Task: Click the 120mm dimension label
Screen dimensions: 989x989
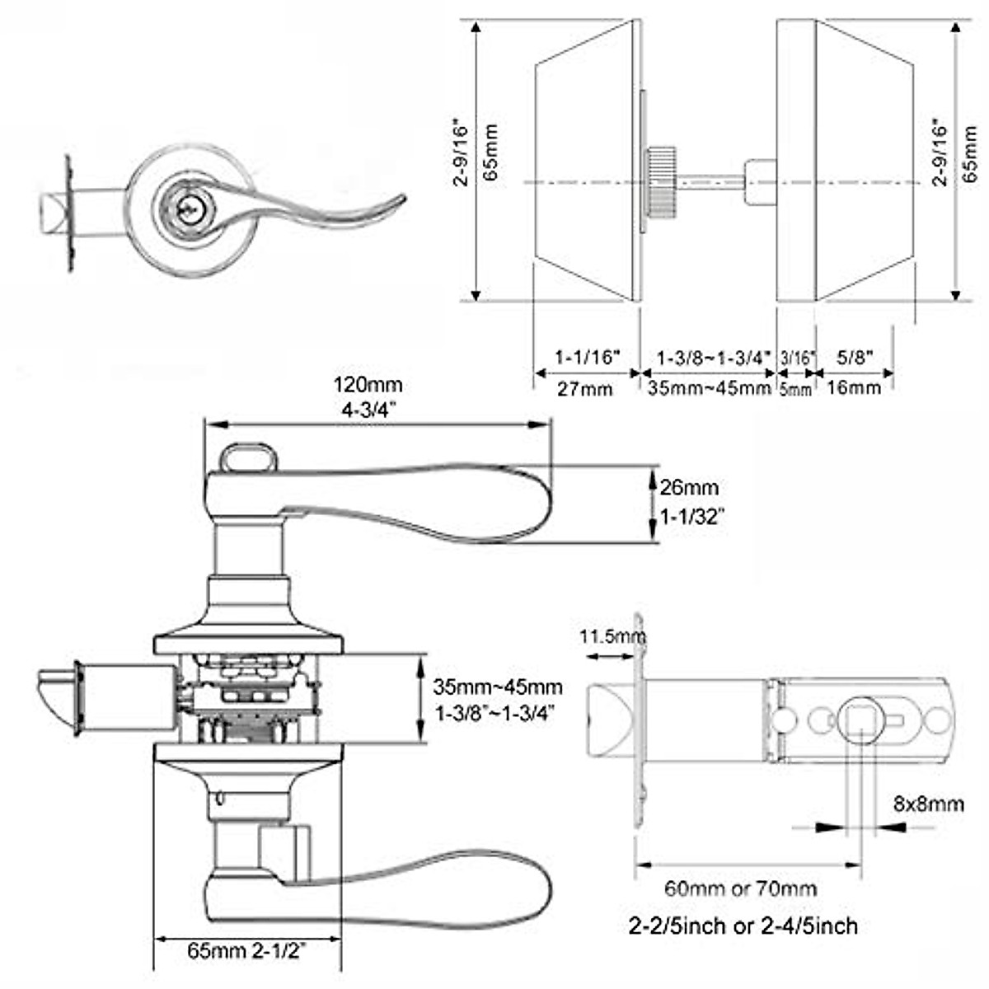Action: (x=368, y=384)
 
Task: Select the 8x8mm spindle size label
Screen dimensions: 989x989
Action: (x=928, y=803)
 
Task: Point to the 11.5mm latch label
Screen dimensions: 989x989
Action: (x=612, y=636)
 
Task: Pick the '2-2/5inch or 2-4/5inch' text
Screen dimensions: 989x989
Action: (x=743, y=926)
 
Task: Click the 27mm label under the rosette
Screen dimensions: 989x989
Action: (x=584, y=388)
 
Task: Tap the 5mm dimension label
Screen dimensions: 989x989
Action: (x=795, y=389)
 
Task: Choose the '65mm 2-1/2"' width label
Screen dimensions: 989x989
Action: (x=247, y=951)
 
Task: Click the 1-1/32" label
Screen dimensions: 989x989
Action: (x=693, y=518)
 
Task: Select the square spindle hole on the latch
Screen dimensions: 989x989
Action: (x=860, y=719)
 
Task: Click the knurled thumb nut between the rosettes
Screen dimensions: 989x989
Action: (x=662, y=176)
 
